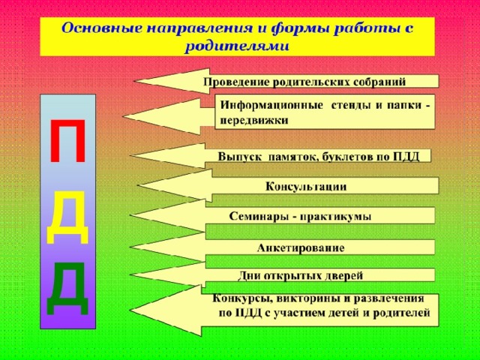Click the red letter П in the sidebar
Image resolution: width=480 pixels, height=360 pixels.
coord(68,141)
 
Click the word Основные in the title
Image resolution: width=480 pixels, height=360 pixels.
coord(103,28)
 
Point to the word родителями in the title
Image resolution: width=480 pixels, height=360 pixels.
coord(237,47)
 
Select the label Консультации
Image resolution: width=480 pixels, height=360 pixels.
coord(306,187)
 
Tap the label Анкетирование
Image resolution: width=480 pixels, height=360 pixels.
coord(301,247)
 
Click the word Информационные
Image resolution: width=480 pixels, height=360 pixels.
coord(271,105)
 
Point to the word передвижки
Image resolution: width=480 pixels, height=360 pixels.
coord(254,120)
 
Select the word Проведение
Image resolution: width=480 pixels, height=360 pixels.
coord(237,82)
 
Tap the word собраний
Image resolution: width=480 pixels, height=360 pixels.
coord(379,82)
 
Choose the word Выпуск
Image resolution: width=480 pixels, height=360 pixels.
coord(240,157)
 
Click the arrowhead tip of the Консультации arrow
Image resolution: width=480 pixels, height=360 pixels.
coord(139,186)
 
